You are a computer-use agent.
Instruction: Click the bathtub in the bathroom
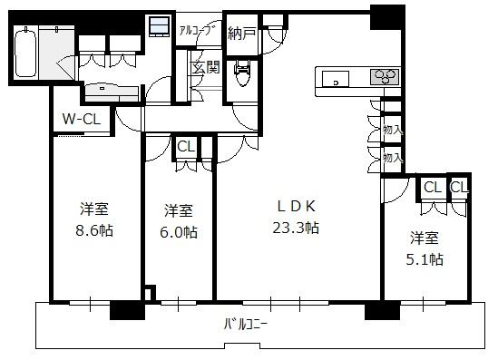click(x=25, y=53)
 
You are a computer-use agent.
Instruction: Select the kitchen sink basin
click(x=336, y=79)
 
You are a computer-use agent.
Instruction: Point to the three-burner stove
click(x=385, y=77)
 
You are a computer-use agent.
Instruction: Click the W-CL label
click(x=82, y=120)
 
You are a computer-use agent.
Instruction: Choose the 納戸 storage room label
click(x=242, y=33)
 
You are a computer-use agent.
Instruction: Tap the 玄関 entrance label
click(x=206, y=67)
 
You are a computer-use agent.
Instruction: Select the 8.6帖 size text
click(x=94, y=230)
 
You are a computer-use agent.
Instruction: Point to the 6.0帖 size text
click(x=179, y=232)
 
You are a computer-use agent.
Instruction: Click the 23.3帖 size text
click(x=296, y=228)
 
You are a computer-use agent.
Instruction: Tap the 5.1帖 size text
click(x=425, y=259)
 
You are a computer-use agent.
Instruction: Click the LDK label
click(x=297, y=207)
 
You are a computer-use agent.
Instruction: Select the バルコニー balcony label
click(x=246, y=325)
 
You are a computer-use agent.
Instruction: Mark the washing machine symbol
click(x=159, y=26)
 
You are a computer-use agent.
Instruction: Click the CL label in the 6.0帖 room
click(x=186, y=147)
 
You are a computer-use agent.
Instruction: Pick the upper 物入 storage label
click(x=393, y=130)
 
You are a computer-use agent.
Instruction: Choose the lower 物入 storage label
click(x=393, y=158)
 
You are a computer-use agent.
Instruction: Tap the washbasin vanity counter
click(x=112, y=92)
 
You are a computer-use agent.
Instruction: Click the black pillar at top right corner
click(x=387, y=18)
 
